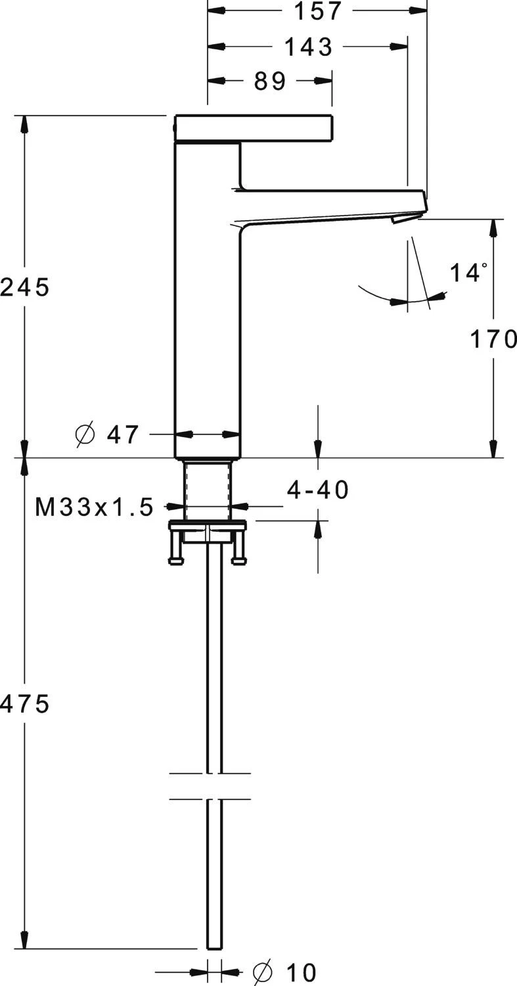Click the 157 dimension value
318,11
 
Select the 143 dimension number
309,47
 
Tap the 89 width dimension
270,81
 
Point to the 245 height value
25,288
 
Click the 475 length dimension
25,703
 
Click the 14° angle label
468,273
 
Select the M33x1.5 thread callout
94,507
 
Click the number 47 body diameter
123,434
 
